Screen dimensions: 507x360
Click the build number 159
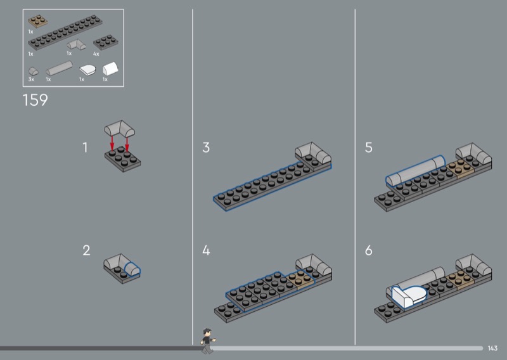35,100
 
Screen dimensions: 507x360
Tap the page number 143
492,348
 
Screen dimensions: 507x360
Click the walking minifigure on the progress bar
207,341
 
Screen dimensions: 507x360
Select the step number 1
85,148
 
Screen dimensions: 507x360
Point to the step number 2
86,250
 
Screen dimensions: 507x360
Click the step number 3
206,148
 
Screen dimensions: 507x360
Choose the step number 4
206,250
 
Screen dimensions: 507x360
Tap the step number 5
369,148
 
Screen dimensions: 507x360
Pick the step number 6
369,250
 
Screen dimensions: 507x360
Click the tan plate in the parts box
38,22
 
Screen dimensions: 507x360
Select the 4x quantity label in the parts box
96,54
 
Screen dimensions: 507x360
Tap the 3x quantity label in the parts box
31,79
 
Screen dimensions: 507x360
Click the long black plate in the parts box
65,32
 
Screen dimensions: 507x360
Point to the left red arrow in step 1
112,143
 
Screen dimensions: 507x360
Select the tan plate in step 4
300,280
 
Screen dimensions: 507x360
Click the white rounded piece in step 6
409,295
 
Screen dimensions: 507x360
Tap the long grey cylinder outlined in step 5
416,170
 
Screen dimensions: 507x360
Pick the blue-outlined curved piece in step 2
132,270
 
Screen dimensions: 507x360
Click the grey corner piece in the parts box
77,44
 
